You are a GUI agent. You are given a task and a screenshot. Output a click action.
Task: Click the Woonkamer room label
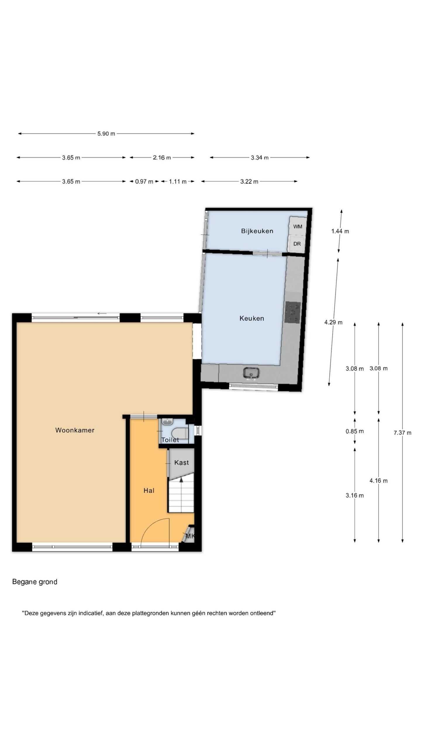pos(75,430)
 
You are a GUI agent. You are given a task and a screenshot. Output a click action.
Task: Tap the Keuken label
pos(252,318)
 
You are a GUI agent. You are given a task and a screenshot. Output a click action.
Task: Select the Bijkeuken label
pos(257,231)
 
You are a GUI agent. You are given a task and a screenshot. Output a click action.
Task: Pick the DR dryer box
pos(297,243)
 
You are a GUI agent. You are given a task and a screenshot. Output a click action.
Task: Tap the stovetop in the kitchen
pos(293,312)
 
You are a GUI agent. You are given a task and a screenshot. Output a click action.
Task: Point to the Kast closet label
pos(182,463)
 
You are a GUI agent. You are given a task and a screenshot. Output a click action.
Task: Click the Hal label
pos(149,491)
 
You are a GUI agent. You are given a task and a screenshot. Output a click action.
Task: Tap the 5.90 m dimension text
pos(106,134)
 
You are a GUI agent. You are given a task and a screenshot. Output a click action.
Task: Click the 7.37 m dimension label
pos(402,433)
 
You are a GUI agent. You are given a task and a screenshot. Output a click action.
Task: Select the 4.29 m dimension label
pos(333,322)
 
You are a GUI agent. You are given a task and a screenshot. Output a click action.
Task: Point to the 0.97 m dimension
pos(144,181)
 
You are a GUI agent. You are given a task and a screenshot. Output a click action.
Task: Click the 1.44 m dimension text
pos(340,231)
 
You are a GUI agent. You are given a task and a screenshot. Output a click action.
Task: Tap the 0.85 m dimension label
pos(355,431)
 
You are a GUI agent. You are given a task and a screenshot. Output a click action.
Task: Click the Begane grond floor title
pos(35,582)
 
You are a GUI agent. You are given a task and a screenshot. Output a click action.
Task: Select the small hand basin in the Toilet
pos(167,421)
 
